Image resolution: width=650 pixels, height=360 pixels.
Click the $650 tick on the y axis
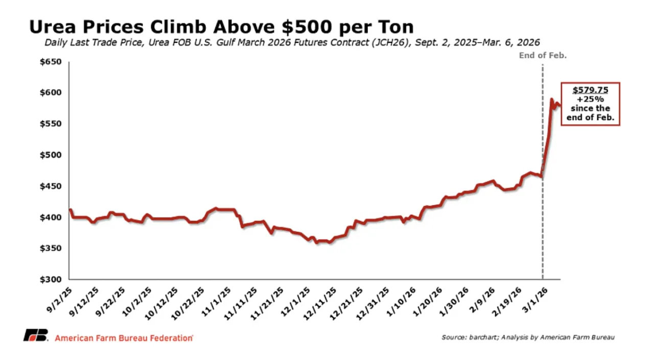(51, 62)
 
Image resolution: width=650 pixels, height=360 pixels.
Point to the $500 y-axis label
(51, 155)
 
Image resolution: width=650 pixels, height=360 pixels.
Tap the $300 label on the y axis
(51, 279)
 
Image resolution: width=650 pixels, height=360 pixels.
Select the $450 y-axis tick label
(51, 186)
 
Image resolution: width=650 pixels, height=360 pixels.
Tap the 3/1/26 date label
(538, 295)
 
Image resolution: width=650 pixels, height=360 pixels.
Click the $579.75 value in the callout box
(590, 90)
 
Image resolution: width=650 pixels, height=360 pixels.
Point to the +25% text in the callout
(590, 99)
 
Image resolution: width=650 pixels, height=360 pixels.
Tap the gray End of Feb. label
(543, 55)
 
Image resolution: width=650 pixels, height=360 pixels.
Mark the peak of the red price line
(551, 99)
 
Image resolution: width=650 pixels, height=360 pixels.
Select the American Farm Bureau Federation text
(124, 338)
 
